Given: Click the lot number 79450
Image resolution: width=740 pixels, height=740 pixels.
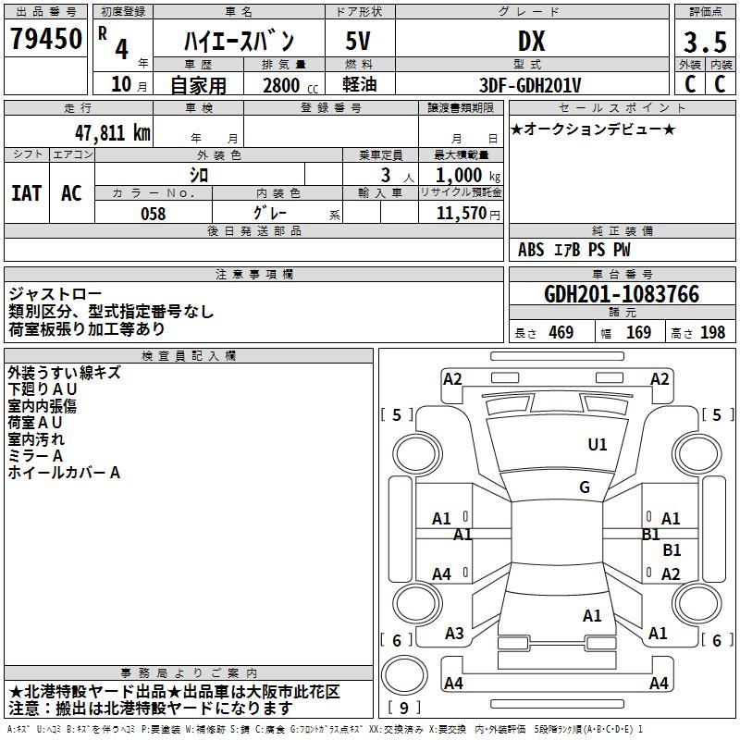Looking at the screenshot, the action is click(45, 40).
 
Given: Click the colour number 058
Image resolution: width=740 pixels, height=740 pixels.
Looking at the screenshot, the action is click(153, 213).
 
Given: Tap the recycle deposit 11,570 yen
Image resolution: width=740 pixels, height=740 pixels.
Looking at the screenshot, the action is click(462, 213).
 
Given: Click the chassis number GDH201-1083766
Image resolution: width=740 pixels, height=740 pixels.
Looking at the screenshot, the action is click(621, 294).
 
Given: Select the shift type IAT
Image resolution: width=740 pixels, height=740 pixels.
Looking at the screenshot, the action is click(26, 192).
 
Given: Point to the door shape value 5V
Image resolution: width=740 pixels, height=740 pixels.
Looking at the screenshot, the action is click(359, 42).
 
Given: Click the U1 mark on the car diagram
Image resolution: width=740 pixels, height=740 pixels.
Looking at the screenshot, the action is click(598, 445).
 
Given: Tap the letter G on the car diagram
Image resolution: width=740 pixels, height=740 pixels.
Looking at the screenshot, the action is click(585, 487).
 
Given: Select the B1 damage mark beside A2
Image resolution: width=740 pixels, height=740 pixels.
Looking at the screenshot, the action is click(672, 550).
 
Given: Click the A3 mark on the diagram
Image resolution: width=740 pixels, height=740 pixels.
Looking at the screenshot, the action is click(454, 634).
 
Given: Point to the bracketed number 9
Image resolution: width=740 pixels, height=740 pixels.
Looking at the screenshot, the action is click(404, 708).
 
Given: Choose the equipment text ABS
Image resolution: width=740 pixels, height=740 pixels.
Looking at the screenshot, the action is click(531, 250).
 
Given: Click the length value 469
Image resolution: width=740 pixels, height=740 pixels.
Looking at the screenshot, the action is click(561, 333).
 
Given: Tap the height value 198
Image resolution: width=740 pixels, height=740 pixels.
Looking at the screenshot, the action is click(712, 333).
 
